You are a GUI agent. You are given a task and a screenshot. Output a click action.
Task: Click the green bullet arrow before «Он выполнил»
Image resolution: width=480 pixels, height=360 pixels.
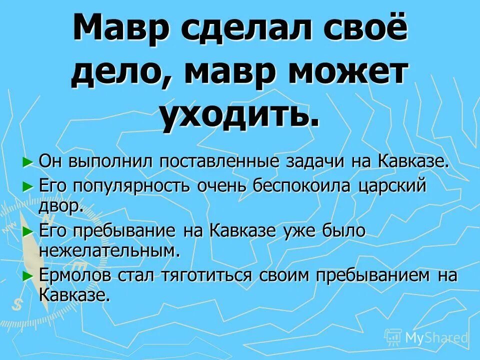28,161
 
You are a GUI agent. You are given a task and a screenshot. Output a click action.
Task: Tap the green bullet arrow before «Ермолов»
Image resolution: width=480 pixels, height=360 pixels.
28,274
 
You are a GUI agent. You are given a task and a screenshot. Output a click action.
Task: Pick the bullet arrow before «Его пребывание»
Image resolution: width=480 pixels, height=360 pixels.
28,230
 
